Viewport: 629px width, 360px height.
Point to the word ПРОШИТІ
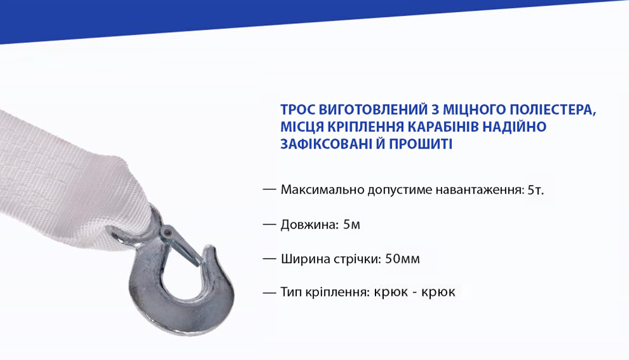click(422, 144)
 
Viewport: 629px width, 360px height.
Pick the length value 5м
click(352, 224)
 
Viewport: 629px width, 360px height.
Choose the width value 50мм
click(399, 259)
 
